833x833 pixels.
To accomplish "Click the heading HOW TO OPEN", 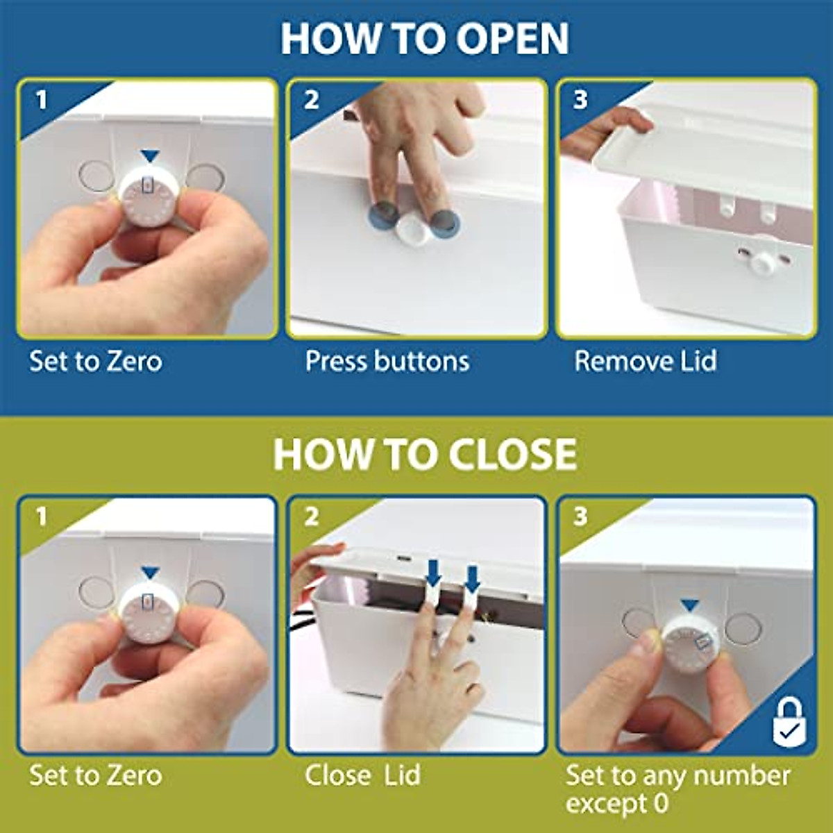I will pos(424,39).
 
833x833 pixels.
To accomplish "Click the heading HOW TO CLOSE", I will pos(424,455).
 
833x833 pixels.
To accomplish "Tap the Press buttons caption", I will pos(387,362).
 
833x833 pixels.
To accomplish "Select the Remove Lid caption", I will pos(645,362).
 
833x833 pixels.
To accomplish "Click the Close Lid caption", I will pos(362,775).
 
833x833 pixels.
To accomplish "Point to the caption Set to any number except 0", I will pos(677,789).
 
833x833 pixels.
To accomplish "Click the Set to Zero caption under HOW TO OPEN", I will pos(96,362).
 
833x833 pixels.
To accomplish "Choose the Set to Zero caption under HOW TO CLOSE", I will pos(96,775).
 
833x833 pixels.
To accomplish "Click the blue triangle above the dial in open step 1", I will pos(150,156).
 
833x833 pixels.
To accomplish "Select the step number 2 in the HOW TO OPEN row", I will pos(311,100).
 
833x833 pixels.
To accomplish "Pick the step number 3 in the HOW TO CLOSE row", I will pos(580,516).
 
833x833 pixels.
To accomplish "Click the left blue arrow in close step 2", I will pos(433,573).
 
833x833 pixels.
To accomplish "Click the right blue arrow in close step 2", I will pos(472,578).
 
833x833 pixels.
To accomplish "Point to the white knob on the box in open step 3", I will pos(764,262).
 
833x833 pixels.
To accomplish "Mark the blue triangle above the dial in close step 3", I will pos(689,605).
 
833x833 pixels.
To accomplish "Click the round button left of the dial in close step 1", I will pos(96,593).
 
